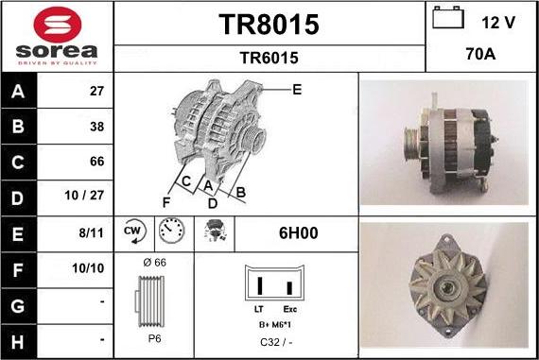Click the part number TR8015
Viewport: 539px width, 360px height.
coord(269,25)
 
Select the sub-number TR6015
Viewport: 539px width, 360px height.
coord(269,58)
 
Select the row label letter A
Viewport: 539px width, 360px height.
coord(18,93)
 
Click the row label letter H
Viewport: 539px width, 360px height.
coord(18,337)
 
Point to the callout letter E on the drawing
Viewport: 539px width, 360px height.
coord(297,90)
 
